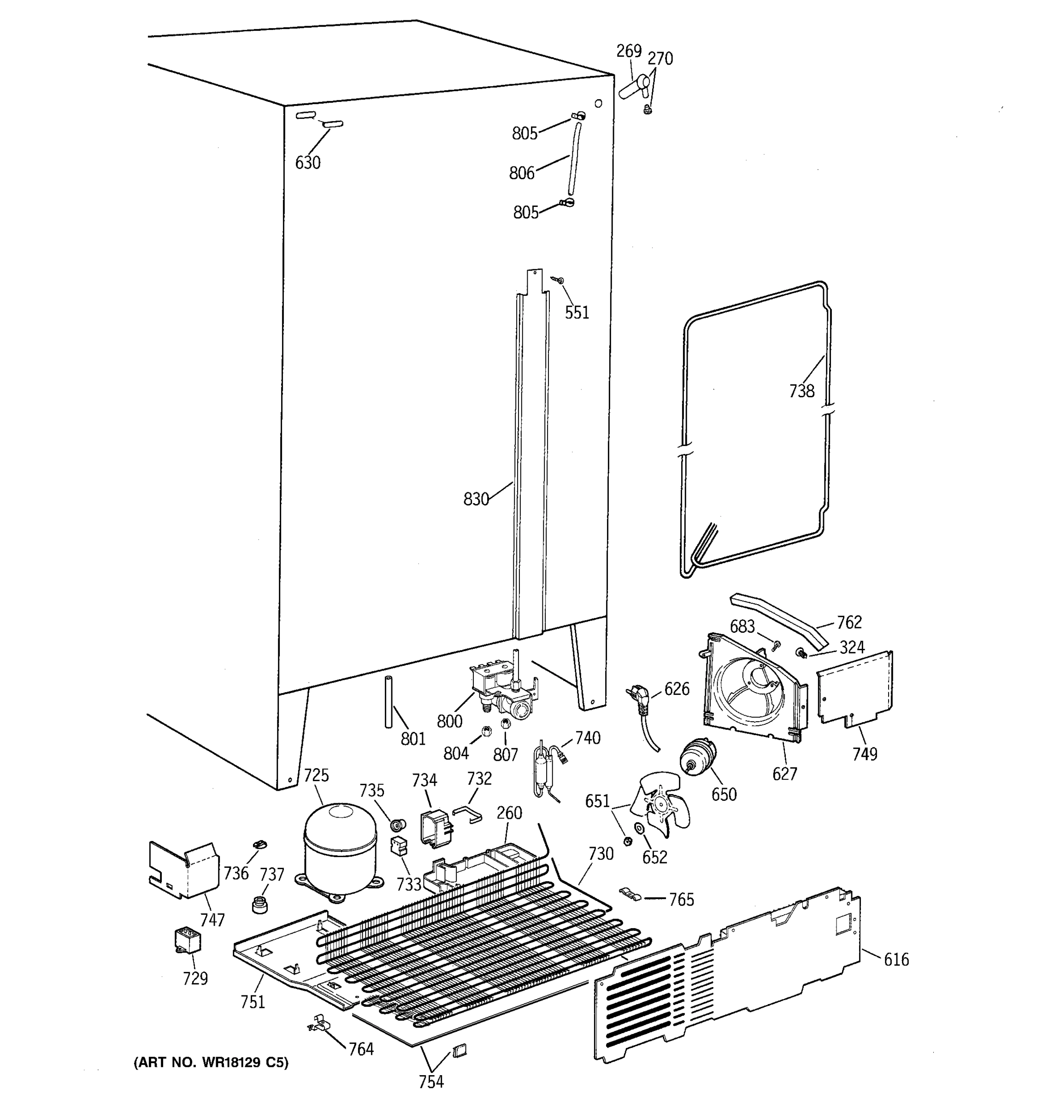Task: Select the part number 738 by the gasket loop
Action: pyautogui.click(x=801, y=391)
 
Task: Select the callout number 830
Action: pyautogui.click(x=476, y=499)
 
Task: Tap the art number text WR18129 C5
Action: pyautogui.click(x=212, y=1063)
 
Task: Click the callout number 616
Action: pyautogui.click(x=896, y=959)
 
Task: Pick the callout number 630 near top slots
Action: pyautogui.click(x=308, y=163)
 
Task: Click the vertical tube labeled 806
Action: pyautogui.click(x=574, y=159)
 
